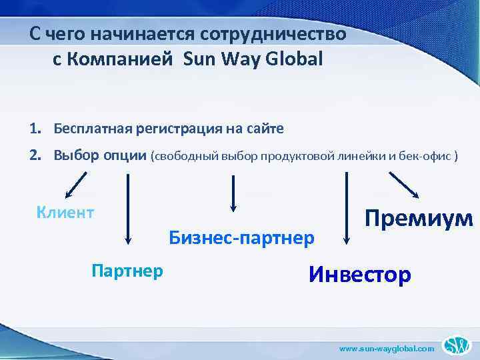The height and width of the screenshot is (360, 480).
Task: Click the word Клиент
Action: tap(65, 213)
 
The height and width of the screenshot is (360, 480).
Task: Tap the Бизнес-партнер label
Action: tap(241, 237)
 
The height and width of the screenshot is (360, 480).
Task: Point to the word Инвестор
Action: tap(360, 274)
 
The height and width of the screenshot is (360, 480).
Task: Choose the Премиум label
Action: tap(418, 218)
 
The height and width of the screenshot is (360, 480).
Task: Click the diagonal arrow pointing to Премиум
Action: tap(405, 185)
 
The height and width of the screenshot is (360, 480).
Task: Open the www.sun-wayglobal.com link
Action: tap(387, 348)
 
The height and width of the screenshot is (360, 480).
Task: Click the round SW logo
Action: tap(459, 345)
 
